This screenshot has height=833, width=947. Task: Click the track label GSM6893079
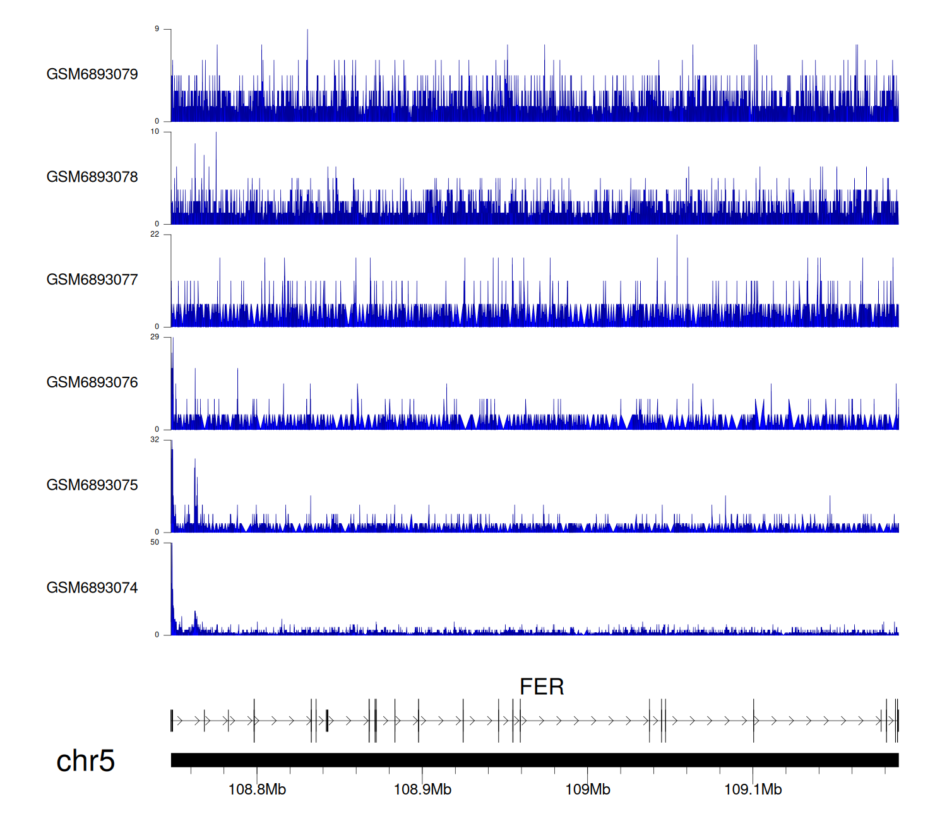pyautogui.click(x=92, y=74)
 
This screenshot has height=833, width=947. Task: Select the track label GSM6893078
pyautogui.click(x=92, y=177)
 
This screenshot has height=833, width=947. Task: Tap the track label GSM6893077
pyautogui.click(x=92, y=280)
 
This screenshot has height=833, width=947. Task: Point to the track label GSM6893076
pyautogui.click(x=92, y=382)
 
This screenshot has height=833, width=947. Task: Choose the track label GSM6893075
pyautogui.click(x=92, y=485)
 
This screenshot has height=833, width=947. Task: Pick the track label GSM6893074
pyautogui.click(x=92, y=588)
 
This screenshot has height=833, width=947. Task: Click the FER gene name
pyautogui.click(x=542, y=687)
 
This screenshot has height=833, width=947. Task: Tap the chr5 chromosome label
pyautogui.click(x=85, y=761)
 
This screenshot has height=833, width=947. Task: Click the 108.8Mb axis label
pyautogui.click(x=257, y=789)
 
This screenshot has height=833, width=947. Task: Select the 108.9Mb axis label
pyautogui.click(x=422, y=789)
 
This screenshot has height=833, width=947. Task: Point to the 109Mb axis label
pyautogui.click(x=588, y=789)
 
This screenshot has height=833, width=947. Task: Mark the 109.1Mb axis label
pyautogui.click(x=753, y=789)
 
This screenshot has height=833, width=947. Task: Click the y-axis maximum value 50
pyautogui.click(x=155, y=543)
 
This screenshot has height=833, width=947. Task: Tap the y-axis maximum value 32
pyautogui.click(x=155, y=440)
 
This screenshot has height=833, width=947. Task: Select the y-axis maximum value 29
pyautogui.click(x=155, y=337)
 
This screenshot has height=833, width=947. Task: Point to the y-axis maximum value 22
pyautogui.click(x=155, y=235)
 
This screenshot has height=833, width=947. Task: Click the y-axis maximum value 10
pyautogui.click(x=155, y=132)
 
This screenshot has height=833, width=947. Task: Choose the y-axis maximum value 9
pyautogui.click(x=157, y=29)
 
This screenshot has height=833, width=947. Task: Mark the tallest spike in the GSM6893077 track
pyautogui.click(x=677, y=237)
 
